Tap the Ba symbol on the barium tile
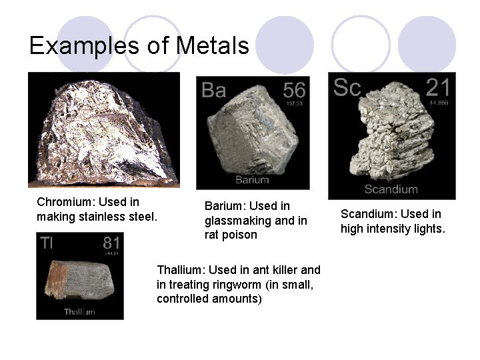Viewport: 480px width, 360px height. point(213,90)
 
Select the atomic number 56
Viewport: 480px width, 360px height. point(293,89)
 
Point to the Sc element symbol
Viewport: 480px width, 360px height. point(347,87)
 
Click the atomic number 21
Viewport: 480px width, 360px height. point(437,87)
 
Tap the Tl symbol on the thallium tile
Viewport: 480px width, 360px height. point(46,243)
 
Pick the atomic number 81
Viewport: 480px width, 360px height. point(111,243)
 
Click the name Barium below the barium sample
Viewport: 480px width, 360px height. point(252,179)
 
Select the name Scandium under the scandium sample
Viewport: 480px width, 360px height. point(391,189)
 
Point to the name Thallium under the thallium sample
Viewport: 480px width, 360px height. point(79,311)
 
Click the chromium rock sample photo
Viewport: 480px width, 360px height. point(104,130)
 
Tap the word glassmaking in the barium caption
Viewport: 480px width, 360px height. point(237,221)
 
